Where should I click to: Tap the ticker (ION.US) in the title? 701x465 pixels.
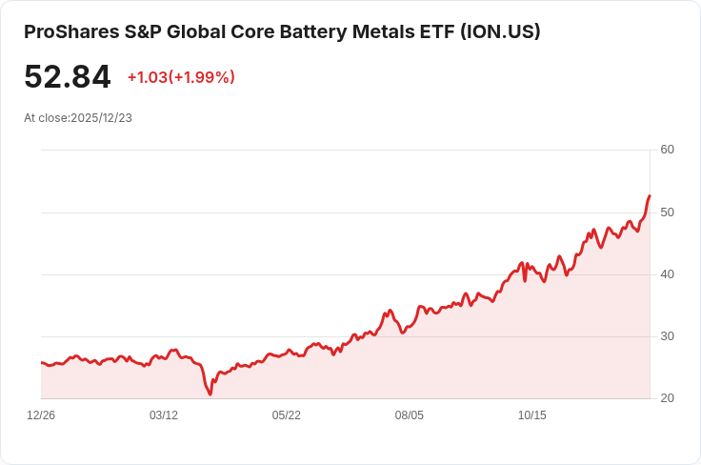500,31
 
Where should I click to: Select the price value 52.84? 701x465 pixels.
67,77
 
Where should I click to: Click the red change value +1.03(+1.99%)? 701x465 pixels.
181,77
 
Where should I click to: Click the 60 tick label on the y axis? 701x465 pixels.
667,150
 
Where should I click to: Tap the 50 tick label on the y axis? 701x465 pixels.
667,212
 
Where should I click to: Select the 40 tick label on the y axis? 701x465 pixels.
667,274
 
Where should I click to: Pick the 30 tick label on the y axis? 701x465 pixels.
667,336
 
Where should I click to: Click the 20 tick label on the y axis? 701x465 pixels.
667,398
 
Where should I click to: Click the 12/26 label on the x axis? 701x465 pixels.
41,415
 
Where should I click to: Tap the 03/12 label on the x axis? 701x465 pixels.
164,415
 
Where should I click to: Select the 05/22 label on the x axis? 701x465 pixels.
287,415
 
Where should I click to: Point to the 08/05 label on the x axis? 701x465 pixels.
410,415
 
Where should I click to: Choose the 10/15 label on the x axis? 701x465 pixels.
531,415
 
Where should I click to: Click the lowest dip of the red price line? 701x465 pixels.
210,394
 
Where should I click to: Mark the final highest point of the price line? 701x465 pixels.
650,195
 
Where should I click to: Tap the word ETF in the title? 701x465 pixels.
437,31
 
